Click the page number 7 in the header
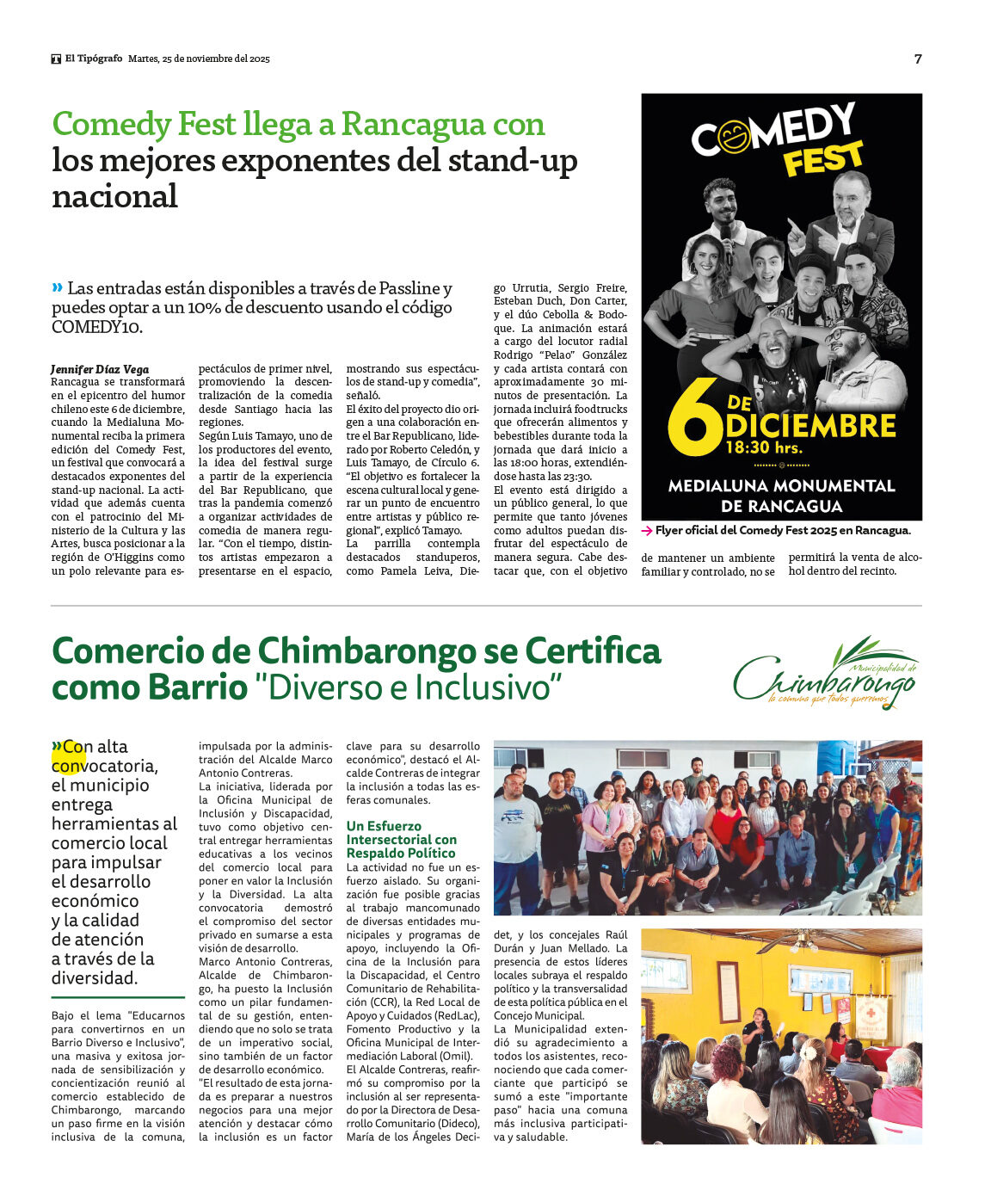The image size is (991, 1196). click(x=918, y=59)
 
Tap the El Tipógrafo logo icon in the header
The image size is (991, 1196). click(x=56, y=59)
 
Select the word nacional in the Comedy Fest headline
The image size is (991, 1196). click(x=114, y=196)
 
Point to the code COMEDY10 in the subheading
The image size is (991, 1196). click(x=95, y=327)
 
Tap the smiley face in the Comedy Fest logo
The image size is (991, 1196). click(x=734, y=137)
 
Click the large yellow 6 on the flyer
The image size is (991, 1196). click(x=694, y=418)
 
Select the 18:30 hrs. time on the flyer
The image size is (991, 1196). click(x=764, y=447)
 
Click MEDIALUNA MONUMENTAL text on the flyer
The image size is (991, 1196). click(x=781, y=486)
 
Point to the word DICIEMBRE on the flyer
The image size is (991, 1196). click(x=810, y=426)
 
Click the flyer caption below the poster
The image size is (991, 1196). click(x=782, y=531)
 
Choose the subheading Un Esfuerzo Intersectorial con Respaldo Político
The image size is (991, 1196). click(x=401, y=839)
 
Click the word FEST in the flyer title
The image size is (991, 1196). click(x=822, y=160)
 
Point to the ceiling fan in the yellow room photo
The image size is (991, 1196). click(x=804, y=943)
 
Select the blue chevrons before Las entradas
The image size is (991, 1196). click(x=58, y=287)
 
